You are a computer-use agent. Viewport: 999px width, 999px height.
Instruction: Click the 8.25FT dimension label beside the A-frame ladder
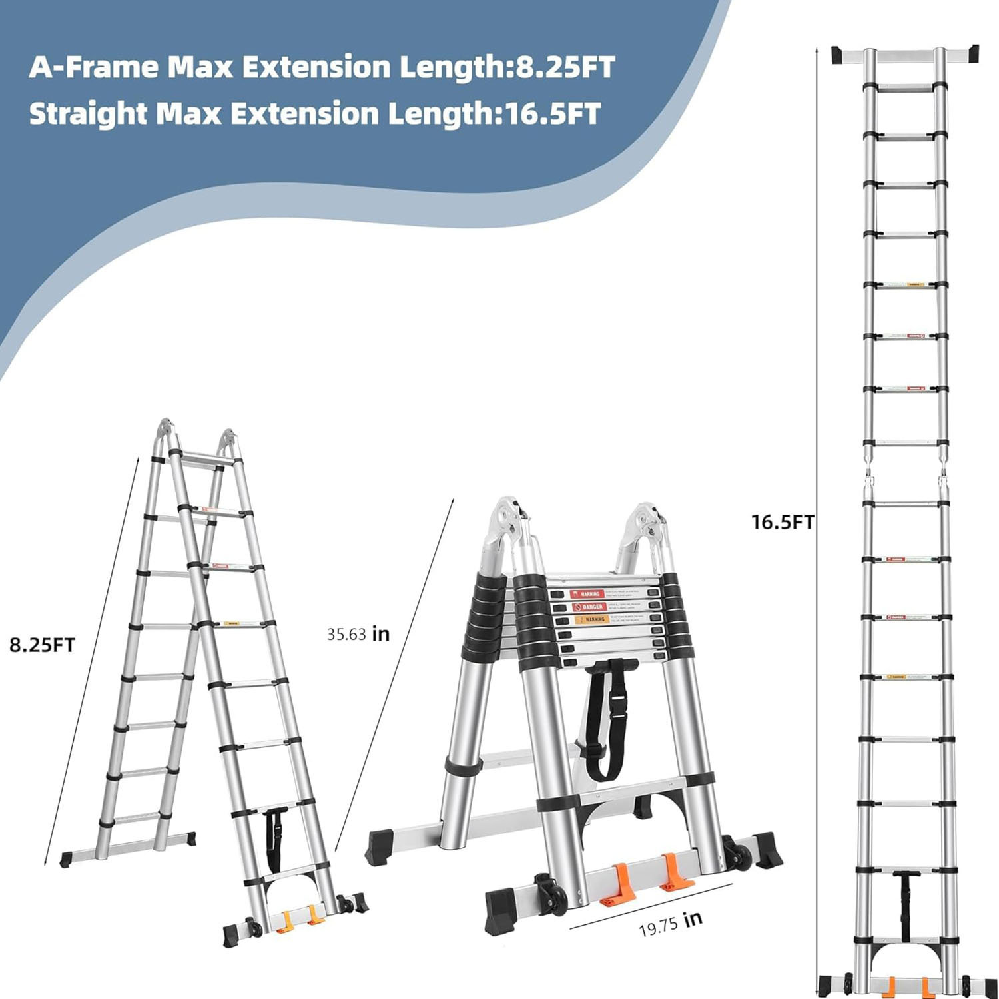[42, 645]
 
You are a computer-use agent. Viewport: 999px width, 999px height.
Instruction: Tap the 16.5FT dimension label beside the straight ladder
[783, 522]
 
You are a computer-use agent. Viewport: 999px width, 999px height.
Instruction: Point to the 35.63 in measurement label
[358, 633]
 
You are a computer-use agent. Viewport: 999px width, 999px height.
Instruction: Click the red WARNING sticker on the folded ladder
[587, 593]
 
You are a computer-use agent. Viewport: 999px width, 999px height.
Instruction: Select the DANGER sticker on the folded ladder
[589, 607]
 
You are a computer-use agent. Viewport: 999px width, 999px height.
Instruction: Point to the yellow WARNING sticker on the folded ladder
[591, 619]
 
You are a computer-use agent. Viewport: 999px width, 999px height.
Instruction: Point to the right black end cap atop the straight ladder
[968, 53]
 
